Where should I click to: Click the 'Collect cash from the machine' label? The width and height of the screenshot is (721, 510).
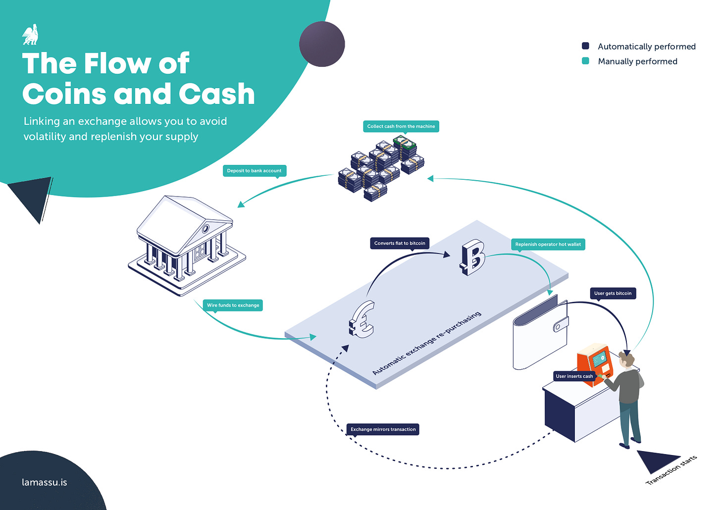pyautogui.click(x=401, y=126)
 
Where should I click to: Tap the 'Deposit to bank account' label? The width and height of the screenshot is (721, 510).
pyautogui.click(x=254, y=171)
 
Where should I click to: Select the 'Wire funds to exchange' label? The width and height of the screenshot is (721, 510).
pyautogui.click(x=233, y=306)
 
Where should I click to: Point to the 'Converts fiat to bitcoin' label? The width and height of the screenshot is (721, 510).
pyautogui.click(x=400, y=243)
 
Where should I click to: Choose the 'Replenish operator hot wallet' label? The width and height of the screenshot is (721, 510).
pyautogui.click(x=548, y=244)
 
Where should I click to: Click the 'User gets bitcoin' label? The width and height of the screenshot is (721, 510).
pyautogui.click(x=613, y=293)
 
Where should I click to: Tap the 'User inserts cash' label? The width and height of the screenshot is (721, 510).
pyautogui.click(x=574, y=376)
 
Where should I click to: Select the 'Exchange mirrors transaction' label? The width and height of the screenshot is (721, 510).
pyautogui.click(x=383, y=429)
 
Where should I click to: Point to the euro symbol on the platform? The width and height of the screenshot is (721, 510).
pyautogui.click(x=362, y=320)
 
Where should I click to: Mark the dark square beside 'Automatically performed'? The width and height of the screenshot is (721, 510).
pyautogui.click(x=585, y=46)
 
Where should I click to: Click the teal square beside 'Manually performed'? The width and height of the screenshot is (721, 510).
pyautogui.click(x=585, y=61)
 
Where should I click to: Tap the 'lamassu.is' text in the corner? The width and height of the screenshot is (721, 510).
pyautogui.click(x=45, y=482)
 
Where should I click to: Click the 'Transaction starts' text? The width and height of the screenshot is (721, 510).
pyautogui.click(x=671, y=470)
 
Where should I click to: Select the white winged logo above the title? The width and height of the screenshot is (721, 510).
pyautogui.click(x=31, y=35)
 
